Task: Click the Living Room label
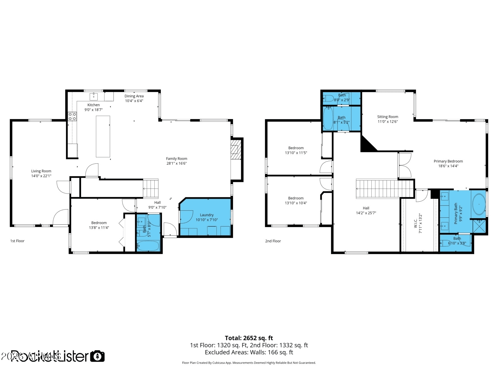pos(41,171)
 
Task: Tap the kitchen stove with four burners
pos(72,117)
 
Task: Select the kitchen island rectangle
pos(103,136)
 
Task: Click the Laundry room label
pos(207,215)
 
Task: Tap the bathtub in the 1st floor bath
pos(148,246)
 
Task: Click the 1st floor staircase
pos(151,189)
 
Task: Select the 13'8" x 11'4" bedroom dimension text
pos(99,228)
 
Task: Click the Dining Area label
pos(134,96)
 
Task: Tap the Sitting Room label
pos(387,117)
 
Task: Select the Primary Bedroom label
pos(448,161)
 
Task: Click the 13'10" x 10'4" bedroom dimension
pos(296,203)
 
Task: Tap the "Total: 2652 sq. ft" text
pos(249,338)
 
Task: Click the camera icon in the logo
pos(97,356)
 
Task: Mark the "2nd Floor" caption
pos(273,241)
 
